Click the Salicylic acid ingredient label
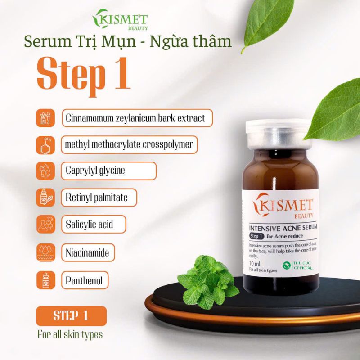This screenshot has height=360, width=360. (x=93, y=225)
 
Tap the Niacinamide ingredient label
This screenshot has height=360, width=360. (x=88, y=252)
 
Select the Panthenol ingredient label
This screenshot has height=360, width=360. (x=85, y=281)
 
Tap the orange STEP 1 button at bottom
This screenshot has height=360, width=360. (x=71, y=316)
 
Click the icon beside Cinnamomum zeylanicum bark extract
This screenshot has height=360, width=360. (x=45, y=118)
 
